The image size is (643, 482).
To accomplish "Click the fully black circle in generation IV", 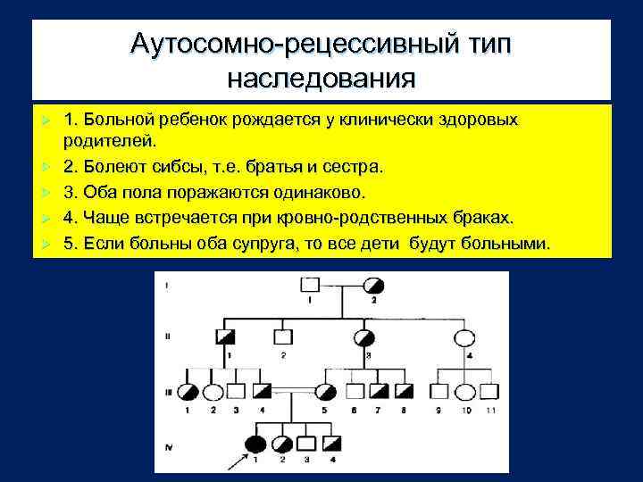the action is click(255, 444).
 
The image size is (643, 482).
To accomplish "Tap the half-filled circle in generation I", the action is click(373, 286).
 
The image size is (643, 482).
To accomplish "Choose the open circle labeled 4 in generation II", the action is click(465, 338).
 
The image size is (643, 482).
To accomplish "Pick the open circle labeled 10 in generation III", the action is click(465, 392).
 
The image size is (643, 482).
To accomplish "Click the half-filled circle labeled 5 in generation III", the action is click(327, 392).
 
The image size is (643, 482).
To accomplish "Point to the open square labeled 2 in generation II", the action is click(283, 337).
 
